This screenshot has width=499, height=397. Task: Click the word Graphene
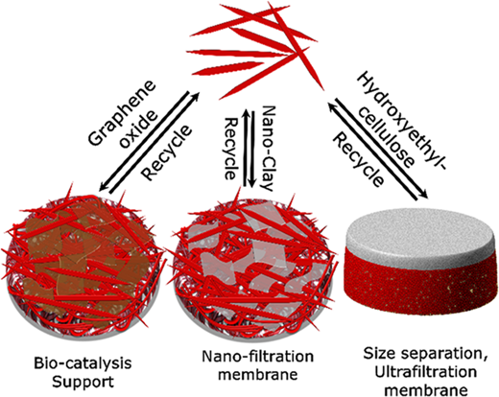coord(122,112)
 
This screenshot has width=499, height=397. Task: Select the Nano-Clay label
coord(268,149)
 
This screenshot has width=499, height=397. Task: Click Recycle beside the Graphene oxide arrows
coord(167,152)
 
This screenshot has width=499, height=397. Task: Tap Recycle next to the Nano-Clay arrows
coord(231,149)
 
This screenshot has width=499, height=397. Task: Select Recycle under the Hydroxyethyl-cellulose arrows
coord(358,160)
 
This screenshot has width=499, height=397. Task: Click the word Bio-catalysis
coord(83,363)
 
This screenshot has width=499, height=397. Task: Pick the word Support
coord(83,382)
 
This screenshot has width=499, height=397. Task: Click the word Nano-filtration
coord(258,357)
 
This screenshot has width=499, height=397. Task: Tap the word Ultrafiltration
coord(426,372)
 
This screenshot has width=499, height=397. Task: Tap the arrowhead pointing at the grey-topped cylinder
coord(423,193)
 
